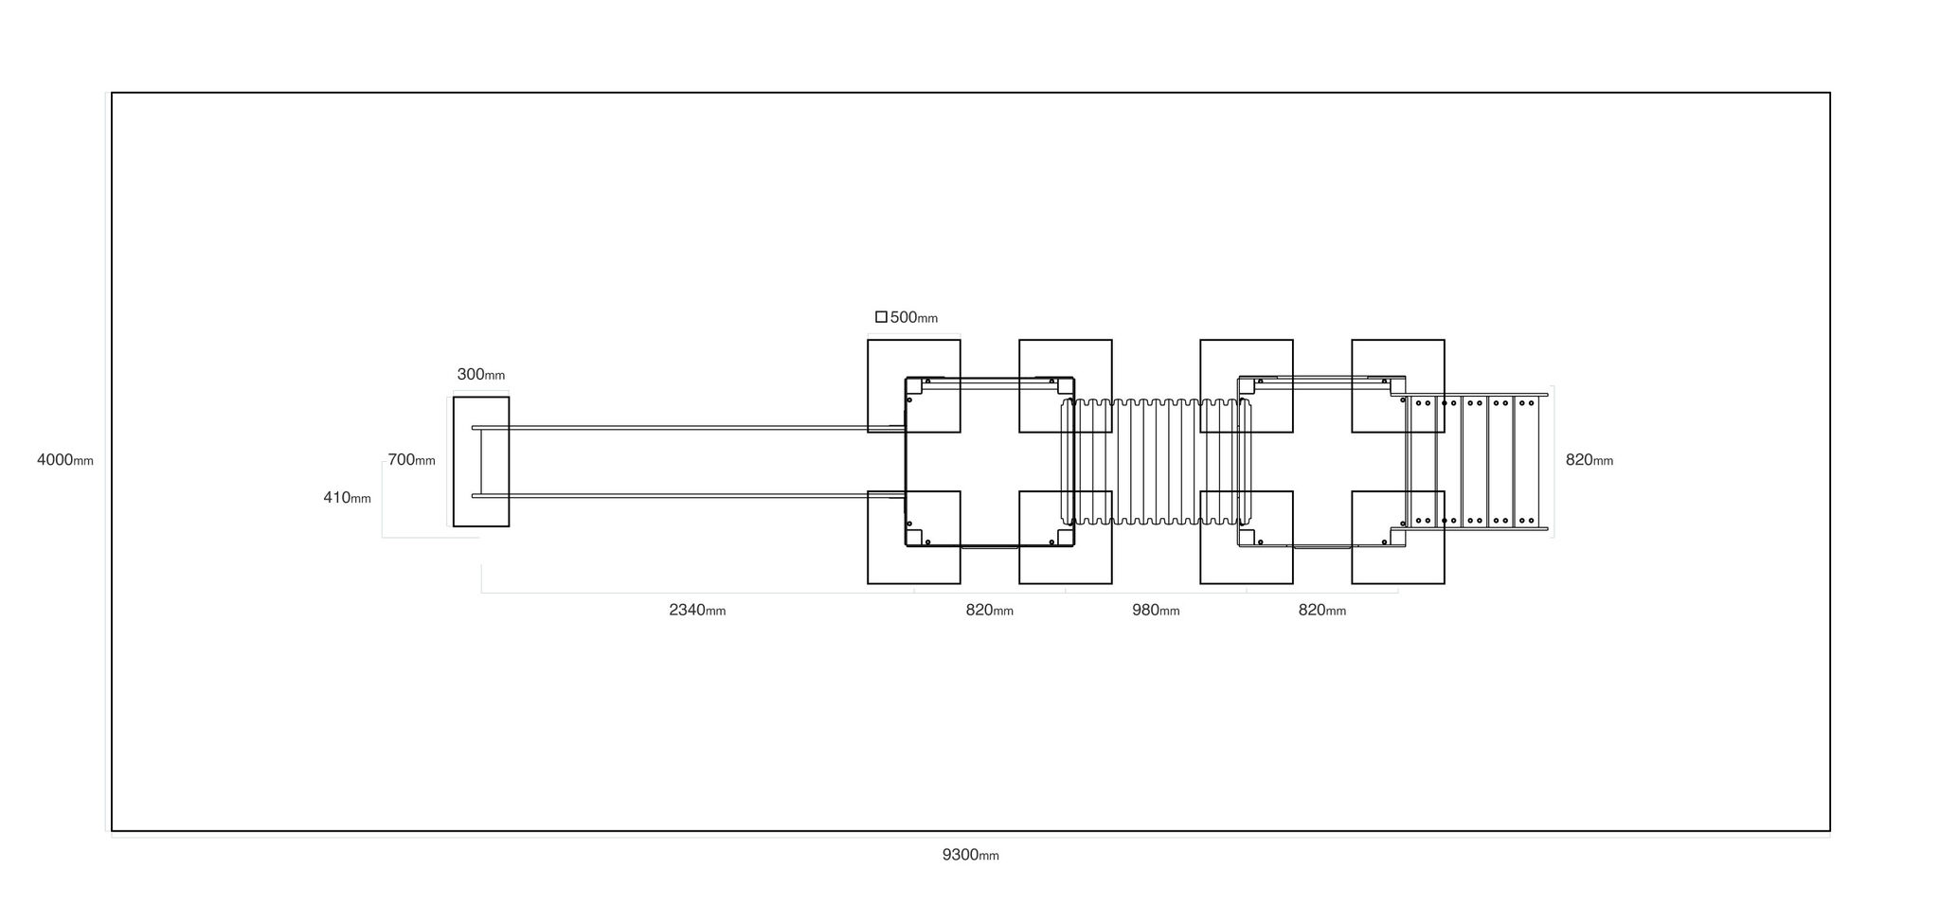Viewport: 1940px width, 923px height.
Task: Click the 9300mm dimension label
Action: click(970, 855)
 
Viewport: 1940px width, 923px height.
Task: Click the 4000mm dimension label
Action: click(65, 460)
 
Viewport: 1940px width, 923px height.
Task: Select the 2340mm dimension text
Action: click(697, 610)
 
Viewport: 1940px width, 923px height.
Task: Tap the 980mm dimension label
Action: click(1156, 610)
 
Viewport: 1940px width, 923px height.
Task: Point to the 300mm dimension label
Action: click(481, 374)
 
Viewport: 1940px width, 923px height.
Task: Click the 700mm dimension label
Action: click(411, 459)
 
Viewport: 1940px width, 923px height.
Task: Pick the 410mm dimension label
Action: click(347, 497)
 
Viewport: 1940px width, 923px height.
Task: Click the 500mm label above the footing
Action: click(914, 317)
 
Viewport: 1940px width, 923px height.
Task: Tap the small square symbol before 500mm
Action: click(881, 317)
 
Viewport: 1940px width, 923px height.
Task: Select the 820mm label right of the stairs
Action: click(1590, 460)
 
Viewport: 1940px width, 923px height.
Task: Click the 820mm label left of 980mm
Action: click(990, 610)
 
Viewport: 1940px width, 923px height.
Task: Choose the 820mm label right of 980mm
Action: click(1322, 610)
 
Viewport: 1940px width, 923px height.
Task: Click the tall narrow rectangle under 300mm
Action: click(481, 462)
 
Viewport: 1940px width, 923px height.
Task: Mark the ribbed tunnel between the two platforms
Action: click(1156, 462)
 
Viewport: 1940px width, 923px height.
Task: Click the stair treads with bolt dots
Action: click(1474, 462)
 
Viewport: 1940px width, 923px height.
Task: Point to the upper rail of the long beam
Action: click(689, 428)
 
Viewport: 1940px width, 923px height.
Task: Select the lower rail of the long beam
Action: click(689, 495)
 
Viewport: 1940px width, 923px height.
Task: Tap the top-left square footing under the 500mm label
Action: click(914, 386)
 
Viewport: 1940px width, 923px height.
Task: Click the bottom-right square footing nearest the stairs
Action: click(1398, 538)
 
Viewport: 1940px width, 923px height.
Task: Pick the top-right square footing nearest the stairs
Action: click(1398, 386)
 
